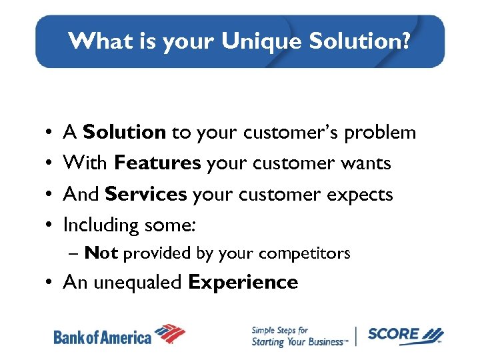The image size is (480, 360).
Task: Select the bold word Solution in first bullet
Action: [124, 133]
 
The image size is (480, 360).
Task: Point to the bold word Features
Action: [158, 163]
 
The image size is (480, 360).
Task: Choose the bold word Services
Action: [146, 195]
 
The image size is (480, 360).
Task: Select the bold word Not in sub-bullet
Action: [101, 253]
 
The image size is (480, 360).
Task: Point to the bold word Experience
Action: [243, 283]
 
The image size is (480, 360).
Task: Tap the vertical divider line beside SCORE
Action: [357, 335]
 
